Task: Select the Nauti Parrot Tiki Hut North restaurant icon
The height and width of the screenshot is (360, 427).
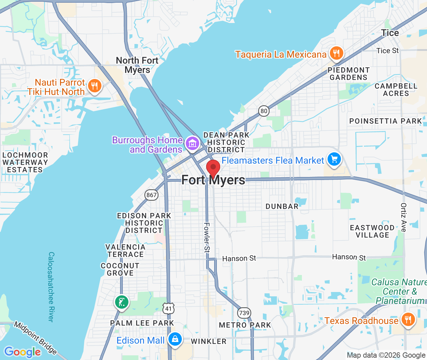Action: click(94, 86)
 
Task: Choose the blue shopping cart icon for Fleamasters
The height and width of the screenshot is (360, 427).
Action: click(334, 160)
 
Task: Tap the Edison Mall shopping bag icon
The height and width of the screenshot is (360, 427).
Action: click(175, 340)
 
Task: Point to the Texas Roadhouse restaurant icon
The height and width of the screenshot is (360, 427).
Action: click(408, 320)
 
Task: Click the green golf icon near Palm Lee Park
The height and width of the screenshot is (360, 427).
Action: click(121, 302)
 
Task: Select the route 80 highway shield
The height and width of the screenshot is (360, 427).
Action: click(264, 111)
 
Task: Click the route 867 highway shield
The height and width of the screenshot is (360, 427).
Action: click(151, 195)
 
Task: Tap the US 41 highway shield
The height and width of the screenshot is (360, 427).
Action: click(168, 308)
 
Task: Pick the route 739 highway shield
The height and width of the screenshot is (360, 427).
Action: click(244, 313)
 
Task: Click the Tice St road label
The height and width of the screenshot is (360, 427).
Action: click(387, 51)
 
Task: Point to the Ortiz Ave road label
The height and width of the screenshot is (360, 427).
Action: click(404, 217)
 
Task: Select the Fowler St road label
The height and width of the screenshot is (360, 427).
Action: click(207, 237)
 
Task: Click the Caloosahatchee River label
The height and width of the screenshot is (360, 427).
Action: click(51, 287)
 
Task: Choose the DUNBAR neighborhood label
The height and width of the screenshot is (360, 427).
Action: click(282, 206)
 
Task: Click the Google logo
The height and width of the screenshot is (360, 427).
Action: click(23, 352)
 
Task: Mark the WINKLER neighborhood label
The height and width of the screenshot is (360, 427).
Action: click(208, 341)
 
